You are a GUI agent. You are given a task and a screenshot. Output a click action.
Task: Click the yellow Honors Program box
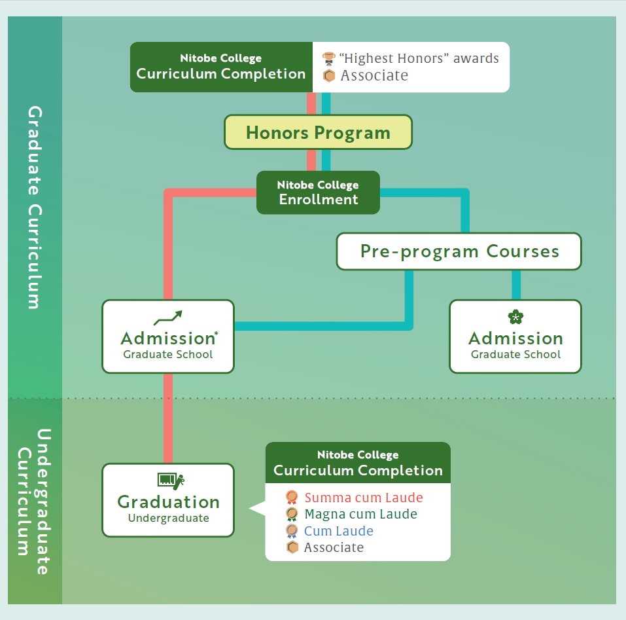[318, 132]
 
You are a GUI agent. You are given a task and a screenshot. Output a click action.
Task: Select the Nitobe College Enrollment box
[318, 192]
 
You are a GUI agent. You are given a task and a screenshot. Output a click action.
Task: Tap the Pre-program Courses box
[459, 251]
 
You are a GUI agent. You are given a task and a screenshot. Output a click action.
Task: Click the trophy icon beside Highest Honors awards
[328, 58]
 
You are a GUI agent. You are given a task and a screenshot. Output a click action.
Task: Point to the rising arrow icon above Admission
[168, 318]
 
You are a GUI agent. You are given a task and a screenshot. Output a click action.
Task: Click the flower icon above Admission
[515, 317]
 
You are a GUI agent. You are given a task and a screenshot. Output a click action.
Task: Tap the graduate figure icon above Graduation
[171, 481]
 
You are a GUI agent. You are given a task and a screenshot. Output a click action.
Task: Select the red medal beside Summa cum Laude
[292, 498]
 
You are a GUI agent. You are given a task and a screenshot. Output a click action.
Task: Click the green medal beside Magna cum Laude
[292, 514]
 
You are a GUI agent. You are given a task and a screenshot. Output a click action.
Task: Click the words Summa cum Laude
[364, 498]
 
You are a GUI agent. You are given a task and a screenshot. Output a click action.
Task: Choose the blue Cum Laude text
[339, 531]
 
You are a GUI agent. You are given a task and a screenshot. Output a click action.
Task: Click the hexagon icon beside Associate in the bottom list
[292, 547]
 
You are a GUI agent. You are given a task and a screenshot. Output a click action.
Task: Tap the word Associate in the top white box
[374, 75]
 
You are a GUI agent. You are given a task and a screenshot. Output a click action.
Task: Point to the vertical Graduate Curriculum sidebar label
[35, 207]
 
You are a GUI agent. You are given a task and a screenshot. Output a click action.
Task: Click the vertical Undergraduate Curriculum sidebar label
[34, 501]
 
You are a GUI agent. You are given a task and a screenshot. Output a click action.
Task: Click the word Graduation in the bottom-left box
[169, 501]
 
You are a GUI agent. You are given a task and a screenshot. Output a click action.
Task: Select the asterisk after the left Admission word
[216, 333]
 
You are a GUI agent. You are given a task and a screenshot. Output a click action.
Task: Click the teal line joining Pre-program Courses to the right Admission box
[516, 285]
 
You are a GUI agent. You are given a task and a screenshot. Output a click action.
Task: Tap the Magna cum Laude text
[361, 514]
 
